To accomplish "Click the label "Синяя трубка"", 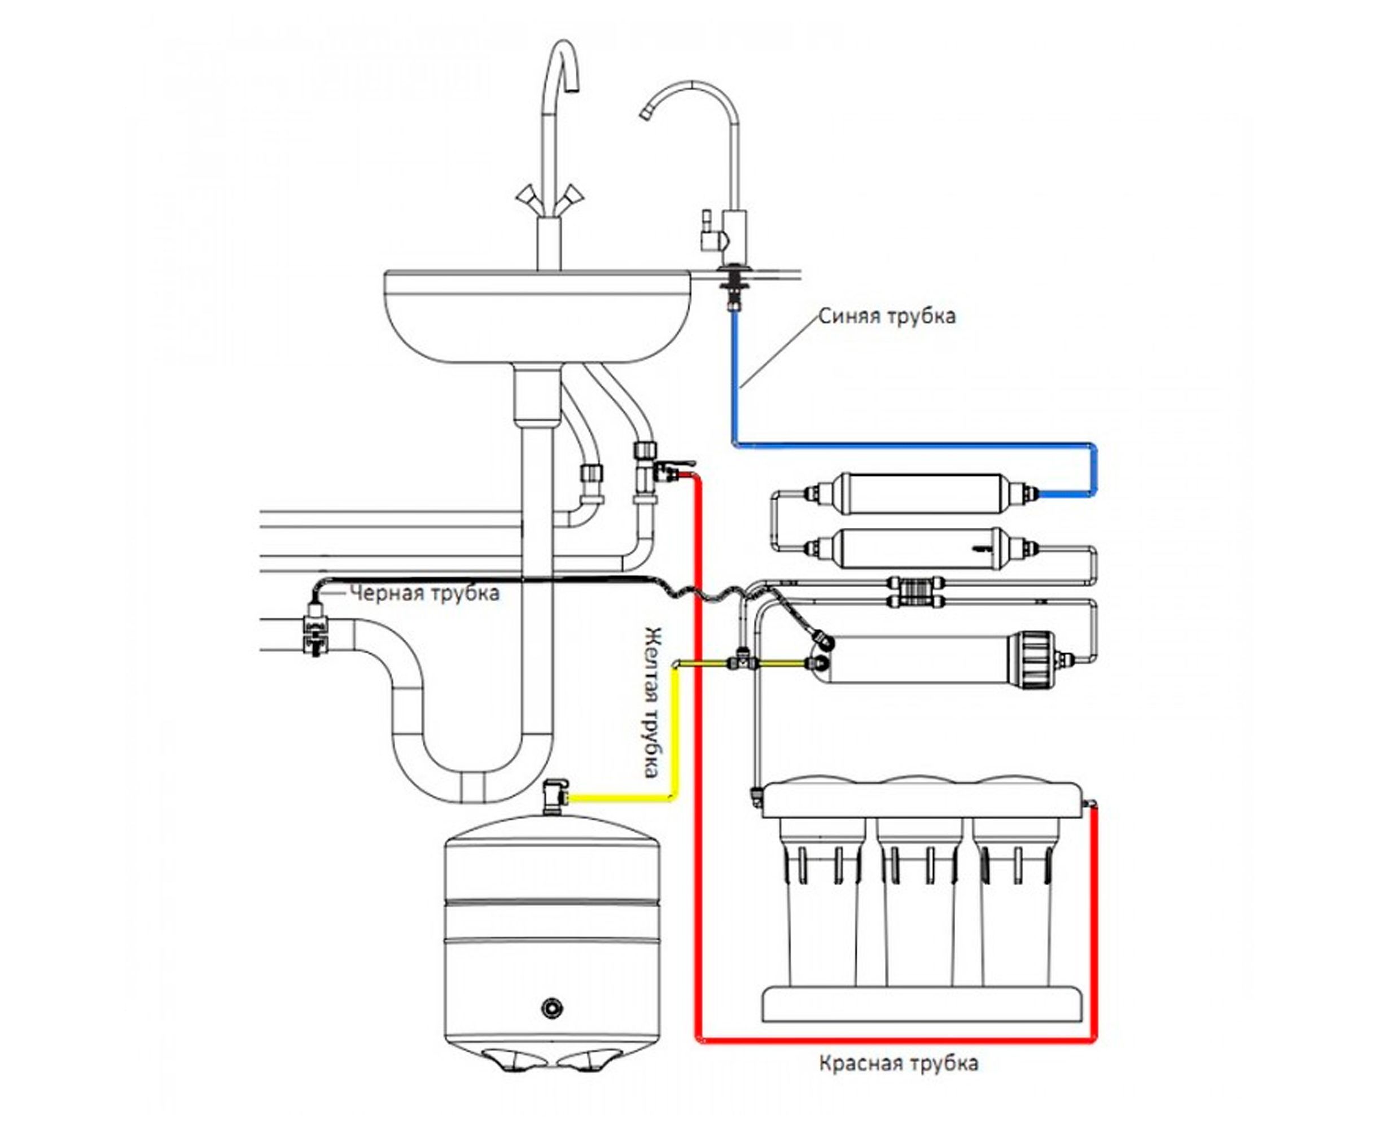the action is pos(886,317).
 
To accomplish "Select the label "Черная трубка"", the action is pos(424,593).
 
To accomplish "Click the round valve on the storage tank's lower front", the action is pos(551,1008).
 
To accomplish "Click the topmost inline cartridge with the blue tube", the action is pos(922,493).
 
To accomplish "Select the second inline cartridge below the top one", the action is pos(922,548).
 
